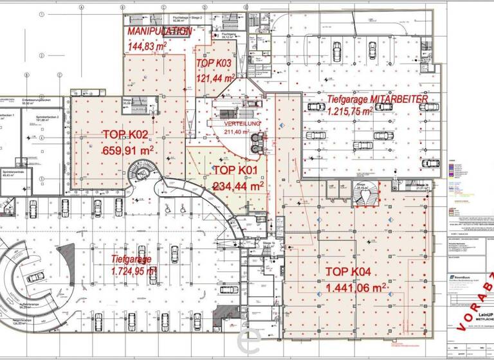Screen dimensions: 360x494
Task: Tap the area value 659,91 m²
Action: click(128, 151)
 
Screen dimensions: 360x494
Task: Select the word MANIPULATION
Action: click(159, 31)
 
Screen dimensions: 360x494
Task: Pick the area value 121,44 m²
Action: click(215, 78)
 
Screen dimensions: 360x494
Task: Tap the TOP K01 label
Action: click(235, 170)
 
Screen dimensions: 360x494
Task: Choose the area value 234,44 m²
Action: click(238, 186)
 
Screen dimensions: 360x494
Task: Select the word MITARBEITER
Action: click(396, 100)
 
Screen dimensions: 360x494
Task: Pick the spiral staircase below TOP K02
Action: click(138, 174)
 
